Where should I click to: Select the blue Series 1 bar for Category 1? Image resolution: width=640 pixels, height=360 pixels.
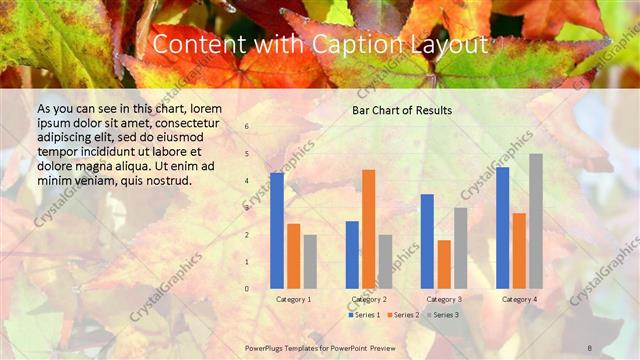click(x=277, y=230)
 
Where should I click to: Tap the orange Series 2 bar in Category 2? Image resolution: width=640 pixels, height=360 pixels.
click(x=369, y=228)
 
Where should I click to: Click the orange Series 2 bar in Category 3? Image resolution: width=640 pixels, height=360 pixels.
click(x=444, y=263)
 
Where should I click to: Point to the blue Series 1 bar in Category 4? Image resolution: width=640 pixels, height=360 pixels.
click(x=502, y=227)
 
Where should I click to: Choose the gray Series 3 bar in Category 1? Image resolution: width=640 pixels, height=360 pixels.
click(x=310, y=261)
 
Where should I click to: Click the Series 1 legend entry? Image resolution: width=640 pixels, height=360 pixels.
click(x=364, y=315)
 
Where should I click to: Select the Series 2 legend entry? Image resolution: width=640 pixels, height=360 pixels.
click(x=404, y=315)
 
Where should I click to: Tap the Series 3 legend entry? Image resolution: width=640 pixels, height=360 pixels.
click(x=443, y=315)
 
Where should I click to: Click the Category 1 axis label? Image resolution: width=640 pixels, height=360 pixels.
click(x=293, y=299)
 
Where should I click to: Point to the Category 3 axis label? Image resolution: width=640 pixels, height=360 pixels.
click(x=444, y=299)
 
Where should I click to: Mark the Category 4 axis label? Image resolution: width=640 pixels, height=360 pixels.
click(x=519, y=299)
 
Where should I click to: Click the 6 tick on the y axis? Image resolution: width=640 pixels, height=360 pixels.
click(x=247, y=127)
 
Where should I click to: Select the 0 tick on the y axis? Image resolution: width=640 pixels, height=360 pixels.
click(x=247, y=289)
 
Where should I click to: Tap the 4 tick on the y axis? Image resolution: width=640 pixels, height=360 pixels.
click(x=247, y=181)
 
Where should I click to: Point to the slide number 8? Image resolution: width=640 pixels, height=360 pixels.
click(x=590, y=347)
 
